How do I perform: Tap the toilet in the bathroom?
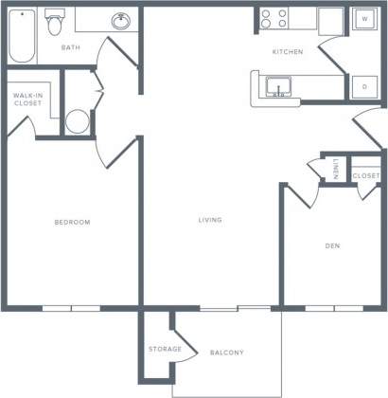click(55, 21)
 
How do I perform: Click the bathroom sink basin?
click(120, 21)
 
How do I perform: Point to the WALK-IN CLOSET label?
click(26, 99)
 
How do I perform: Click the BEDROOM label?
click(71, 222)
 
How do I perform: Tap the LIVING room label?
click(210, 220)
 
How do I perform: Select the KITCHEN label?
click(287, 52)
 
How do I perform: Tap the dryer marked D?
click(364, 86)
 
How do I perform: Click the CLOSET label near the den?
click(365, 176)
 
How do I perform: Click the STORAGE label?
click(164, 350)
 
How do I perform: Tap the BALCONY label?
click(226, 353)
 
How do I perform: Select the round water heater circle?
click(78, 121)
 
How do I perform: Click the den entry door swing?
click(297, 193)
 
